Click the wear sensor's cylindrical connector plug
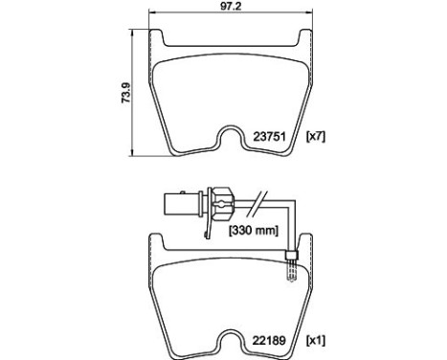tap(177, 205)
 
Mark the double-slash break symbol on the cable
tap(256, 204)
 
